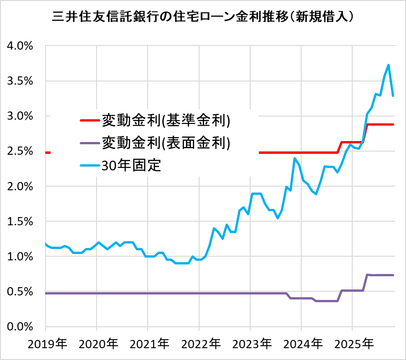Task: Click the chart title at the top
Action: click(x=203, y=17)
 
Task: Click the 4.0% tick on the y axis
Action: click(x=20, y=46)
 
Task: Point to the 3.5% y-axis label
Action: click(x=20, y=81)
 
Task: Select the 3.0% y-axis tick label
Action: click(x=20, y=116)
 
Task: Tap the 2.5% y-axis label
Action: click(x=20, y=151)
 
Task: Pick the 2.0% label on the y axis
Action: click(x=20, y=186)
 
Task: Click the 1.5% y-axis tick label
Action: click(x=20, y=222)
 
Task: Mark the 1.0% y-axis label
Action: click(x=20, y=257)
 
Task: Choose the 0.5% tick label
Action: click(x=20, y=292)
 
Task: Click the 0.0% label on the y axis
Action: click(x=20, y=327)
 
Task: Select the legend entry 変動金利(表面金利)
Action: click(x=166, y=143)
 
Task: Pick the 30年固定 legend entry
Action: click(x=132, y=165)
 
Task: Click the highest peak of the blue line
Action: click(x=388, y=65)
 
